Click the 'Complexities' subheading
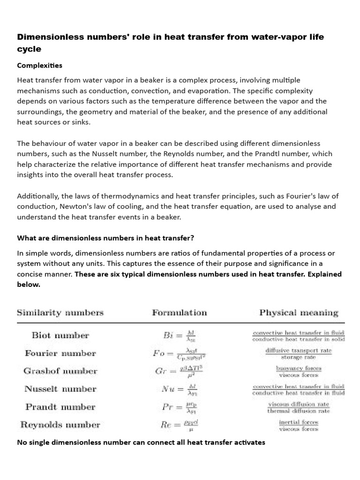pyautogui.click(x=39, y=65)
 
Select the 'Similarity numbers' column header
pyautogui.click(x=60, y=313)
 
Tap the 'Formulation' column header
pyautogui.click(x=179, y=313)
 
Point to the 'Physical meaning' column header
pyautogui.click(x=299, y=313)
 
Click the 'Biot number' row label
pyautogui.click(x=60, y=335)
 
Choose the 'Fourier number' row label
pyautogui.click(x=60, y=353)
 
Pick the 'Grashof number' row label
pyautogui.click(x=60, y=371)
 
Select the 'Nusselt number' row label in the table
pyautogui.click(x=60, y=389)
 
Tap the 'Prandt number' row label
pyautogui.click(x=60, y=407)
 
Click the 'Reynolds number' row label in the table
pyautogui.click(x=60, y=425)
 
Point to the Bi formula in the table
pyautogui.click(x=179, y=336)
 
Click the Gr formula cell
pyautogui.click(x=179, y=371)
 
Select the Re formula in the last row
pyautogui.click(x=179, y=425)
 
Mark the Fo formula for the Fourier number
pyautogui.click(x=180, y=353)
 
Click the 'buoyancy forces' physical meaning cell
pyautogui.click(x=299, y=371)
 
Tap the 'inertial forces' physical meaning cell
pyautogui.click(x=299, y=425)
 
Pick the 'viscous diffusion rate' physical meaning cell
pyautogui.click(x=299, y=407)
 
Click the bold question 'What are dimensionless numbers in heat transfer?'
pyautogui.click(x=105, y=238)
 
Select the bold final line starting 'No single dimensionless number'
pyautogui.click(x=141, y=442)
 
